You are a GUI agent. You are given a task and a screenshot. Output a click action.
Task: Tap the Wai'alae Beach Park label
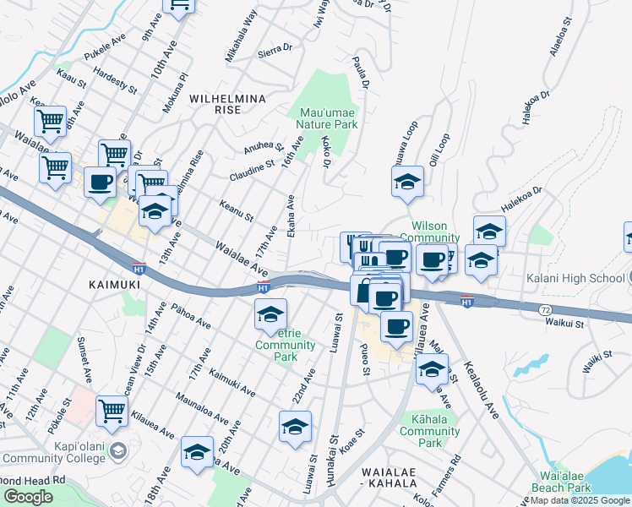coord(560,482)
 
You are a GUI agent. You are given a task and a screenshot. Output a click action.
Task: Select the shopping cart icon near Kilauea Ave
coord(112,411)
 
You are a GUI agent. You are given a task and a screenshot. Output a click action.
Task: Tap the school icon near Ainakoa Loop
coord(407,182)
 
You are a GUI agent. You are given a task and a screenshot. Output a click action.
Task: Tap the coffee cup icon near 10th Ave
coord(100,182)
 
